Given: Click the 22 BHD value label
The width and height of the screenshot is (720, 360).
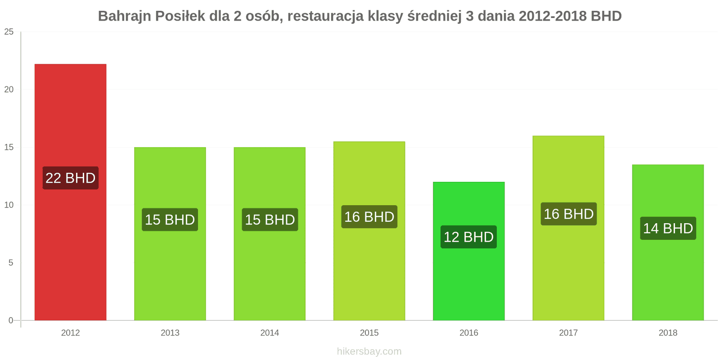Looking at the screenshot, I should point(71,178).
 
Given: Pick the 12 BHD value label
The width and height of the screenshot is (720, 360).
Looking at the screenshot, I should point(468,237).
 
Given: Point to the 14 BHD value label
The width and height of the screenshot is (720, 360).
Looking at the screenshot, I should point(668,228).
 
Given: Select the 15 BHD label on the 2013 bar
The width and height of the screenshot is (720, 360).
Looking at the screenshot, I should point(170,220).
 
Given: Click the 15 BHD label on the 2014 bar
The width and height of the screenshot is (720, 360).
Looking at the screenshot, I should point(270,220).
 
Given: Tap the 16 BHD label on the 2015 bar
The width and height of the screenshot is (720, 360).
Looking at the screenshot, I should point(369,217).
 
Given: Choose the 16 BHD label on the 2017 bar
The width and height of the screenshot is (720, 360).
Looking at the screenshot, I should point(568,214).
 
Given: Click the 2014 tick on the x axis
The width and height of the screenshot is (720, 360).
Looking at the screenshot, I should point(270,333).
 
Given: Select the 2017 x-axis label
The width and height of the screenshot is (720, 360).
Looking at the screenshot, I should point(568,333).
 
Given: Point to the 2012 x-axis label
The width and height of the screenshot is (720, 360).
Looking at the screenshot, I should point(70,333).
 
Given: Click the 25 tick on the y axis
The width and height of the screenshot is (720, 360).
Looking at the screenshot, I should point(9,32).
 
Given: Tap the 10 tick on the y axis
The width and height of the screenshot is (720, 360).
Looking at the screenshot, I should point(9,205).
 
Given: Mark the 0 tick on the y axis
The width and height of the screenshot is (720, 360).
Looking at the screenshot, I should point(11,320).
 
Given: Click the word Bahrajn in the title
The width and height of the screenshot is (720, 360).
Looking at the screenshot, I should point(124,16).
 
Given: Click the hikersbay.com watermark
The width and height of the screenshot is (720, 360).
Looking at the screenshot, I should point(369,351).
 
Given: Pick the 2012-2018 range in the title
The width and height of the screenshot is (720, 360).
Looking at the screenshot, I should point(553,16).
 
